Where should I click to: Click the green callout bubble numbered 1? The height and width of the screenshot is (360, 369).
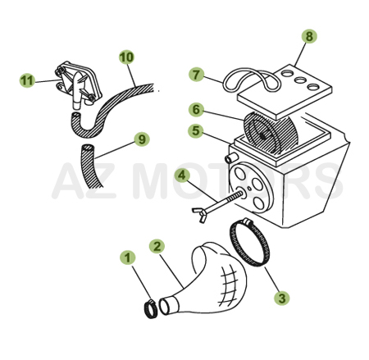(x=126, y=257)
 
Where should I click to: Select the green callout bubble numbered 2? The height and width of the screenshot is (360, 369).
(x=157, y=246)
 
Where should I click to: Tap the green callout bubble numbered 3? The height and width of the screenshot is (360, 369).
(x=281, y=298)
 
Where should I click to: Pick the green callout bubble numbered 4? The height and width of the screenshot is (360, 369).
(x=182, y=174)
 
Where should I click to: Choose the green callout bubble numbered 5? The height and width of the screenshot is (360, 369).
(x=196, y=130)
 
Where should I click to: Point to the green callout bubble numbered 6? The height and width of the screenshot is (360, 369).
(x=196, y=108)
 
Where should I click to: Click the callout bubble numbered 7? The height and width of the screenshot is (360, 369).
(x=196, y=75)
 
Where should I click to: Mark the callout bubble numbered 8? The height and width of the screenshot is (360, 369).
(x=308, y=37)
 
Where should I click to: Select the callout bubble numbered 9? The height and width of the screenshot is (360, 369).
(x=142, y=139)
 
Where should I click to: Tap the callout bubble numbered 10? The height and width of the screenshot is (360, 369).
(x=125, y=57)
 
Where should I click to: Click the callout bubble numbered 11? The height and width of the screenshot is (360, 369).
(x=26, y=80)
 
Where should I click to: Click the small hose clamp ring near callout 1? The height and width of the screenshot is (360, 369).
(x=149, y=309)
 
